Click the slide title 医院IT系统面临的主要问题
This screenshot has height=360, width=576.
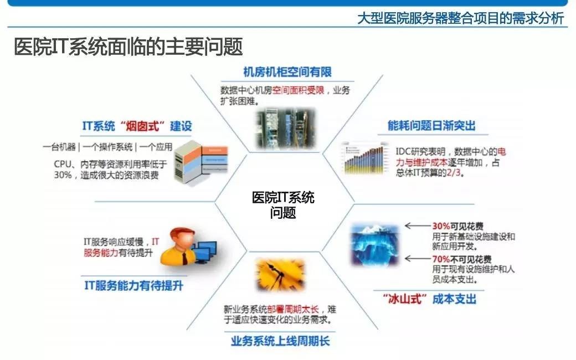(x=128, y=47)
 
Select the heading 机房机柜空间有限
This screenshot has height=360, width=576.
(x=287, y=72)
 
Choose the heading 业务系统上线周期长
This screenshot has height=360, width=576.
(x=280, y=341)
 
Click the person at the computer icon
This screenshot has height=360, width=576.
(x=186, y=246)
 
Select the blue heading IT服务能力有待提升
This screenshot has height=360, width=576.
(x=133, y=286)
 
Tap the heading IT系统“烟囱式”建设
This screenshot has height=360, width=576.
(x=137, y=126)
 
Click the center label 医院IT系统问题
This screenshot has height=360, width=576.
(x=283, y=205)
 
